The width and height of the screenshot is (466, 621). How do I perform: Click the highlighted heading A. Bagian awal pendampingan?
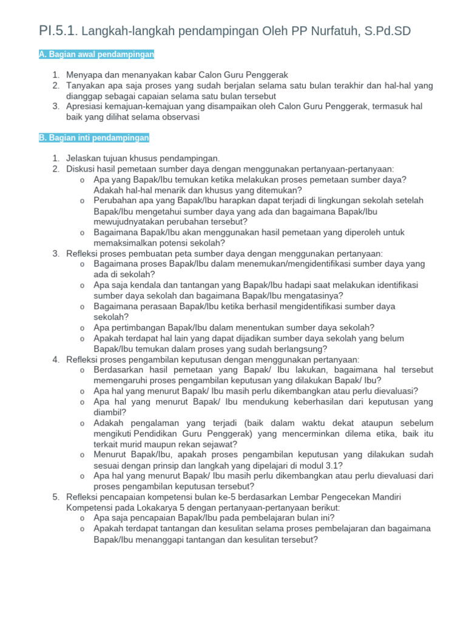(96, 55)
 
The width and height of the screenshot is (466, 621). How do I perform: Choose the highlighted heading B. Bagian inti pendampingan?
(94, 138)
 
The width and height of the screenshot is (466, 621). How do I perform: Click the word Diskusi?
(81, 169)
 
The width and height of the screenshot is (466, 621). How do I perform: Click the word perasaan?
(155, 306)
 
